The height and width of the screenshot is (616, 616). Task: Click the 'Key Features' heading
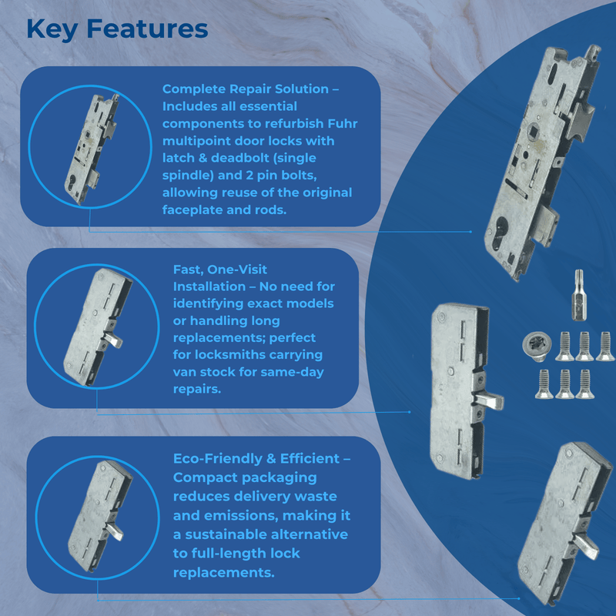(117, 28)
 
